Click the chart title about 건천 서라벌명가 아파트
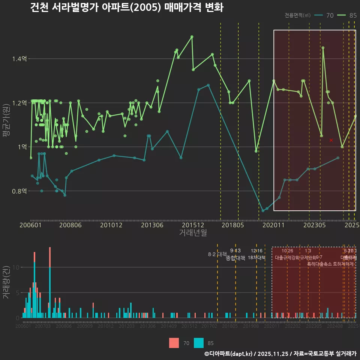pyautogui.click(x=127, y=7)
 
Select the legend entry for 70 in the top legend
pyautogui.click(x=324, y=15)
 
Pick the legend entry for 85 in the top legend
pyautogui.click(x=347, y=15)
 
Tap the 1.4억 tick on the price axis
pyautogui.click(x=19, y=59)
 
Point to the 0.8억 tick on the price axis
pyautogui.click(x=19, y=191)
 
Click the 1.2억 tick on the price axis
pyautogui.click(x=19, y=103)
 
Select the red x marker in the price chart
pyautogui.click(x=331, y=140)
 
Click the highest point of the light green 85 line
pyautogui.click(x=192, y=36)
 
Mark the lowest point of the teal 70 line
pyautogui.click(x=263, y=211)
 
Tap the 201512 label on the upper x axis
pyautogui.click(x=193, y=225)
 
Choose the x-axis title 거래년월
pyautogui.click(x=193, y=233)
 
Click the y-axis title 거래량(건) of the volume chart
pyautogui.click(x=6, y=282)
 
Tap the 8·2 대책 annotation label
pyautogui.click(x=217, y=254)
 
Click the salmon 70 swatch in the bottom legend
pyautogui.click(x=174, y=343)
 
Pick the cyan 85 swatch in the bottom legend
pyautogui.click(x=199, y=343)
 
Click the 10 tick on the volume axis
pyautogui.click(x=16, y=267)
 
